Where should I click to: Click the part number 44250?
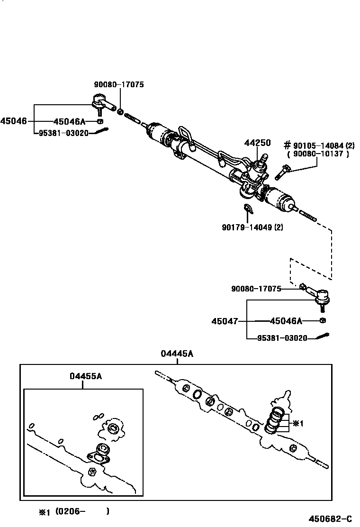coord(257,143)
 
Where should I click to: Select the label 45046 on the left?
coord(13,121)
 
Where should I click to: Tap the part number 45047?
coord(224,321)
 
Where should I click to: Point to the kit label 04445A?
coord(177,354)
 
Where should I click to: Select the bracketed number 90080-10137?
coord(318,154)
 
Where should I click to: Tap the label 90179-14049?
coord(252,227)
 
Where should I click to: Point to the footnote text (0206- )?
coord(82,511)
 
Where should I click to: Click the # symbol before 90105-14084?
coord(287,145)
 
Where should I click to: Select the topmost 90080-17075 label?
coord(118,84)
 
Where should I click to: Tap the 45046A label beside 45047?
coord(286,321)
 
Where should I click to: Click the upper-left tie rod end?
coord(101,103)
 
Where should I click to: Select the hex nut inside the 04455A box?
coord(93,471)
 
